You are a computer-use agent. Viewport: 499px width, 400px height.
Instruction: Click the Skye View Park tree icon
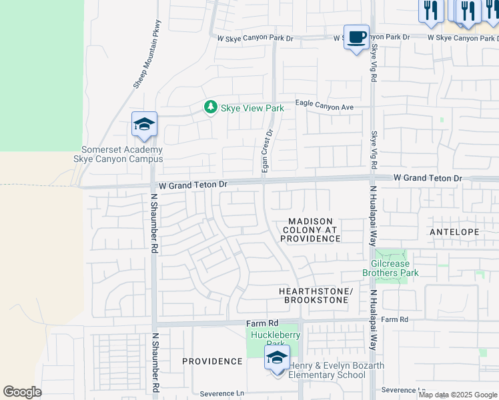click(211, 107)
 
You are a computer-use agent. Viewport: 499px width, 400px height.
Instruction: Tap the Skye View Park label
click(252, 108)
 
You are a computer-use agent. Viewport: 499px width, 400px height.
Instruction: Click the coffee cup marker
click(356, 37)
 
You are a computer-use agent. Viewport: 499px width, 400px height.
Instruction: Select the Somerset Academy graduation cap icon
click(144, 125)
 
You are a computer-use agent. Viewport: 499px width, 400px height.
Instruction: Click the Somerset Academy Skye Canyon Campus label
click(122, 155)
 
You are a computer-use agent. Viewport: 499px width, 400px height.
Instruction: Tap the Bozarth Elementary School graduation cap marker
click(277, 358)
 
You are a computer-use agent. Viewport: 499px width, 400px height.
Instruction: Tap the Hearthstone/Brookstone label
click(316, 296)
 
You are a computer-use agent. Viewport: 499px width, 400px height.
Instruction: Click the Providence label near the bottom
click(213, 361)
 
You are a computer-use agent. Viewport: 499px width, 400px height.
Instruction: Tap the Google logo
click(22, 392)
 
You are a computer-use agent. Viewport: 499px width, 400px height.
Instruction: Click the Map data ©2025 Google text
click(457, 395)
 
